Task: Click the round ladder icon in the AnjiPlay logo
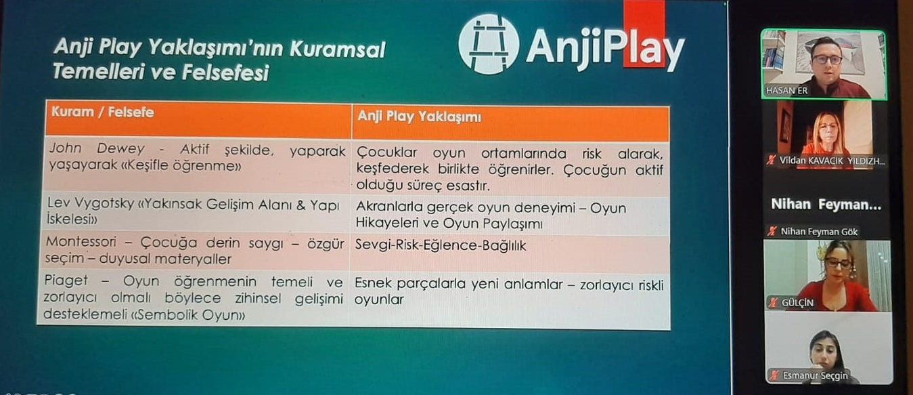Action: tap(488, 45)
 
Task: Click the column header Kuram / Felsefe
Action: tap(103, 112)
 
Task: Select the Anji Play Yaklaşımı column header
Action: tap(420, 117)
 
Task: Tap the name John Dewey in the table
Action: tap(97, 148)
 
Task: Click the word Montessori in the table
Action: tap(81, 242)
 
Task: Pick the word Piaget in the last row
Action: tap(66, 280)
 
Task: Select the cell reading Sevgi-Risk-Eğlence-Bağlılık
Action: tap(440, 245)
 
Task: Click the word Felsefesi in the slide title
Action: tap(225, 72)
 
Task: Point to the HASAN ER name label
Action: tap(786, 91)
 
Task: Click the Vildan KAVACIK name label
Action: tap(832, 161)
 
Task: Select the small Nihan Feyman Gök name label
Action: tap(819, 232)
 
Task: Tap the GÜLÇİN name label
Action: tap(797, 303)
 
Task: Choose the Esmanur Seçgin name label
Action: tap(815, 375)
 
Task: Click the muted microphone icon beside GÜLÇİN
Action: tap(772, 303)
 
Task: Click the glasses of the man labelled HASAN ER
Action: tap(826, 60)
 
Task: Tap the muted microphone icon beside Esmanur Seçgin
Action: tap(774, 375)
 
